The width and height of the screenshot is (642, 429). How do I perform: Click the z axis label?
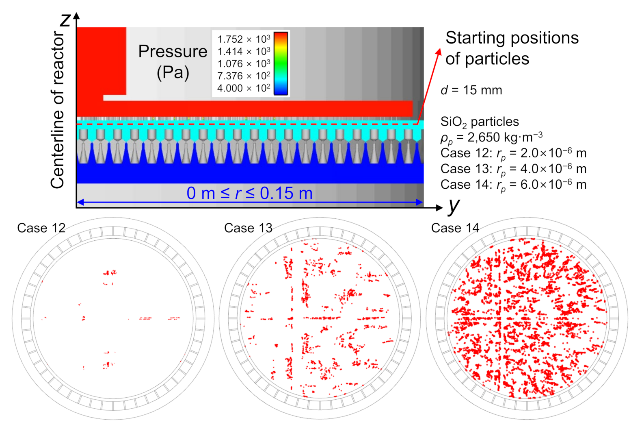click(x=65, y=20)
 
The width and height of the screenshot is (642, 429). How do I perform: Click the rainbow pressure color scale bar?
click(x=281, y=63)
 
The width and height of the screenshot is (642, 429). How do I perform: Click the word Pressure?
click(x=173, y=52)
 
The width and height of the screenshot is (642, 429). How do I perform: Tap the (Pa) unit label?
click(x=173, y=72)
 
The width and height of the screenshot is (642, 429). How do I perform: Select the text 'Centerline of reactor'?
click(x=58, y=110)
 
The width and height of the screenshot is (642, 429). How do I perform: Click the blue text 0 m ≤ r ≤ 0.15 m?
click(x=249, y=193)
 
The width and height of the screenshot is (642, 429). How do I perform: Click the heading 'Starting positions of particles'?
click(x=511, y=48)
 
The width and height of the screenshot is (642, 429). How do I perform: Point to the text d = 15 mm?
click(x=471, y=90)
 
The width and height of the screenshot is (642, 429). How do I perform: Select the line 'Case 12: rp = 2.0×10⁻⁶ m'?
click(x=513, y=153)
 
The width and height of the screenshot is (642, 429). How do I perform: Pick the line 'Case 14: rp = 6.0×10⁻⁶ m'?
click(x=513, y=185)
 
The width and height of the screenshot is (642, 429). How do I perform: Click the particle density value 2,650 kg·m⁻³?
click(x=505, y=137)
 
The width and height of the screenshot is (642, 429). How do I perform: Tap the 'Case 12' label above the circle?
click(x=41, y=228)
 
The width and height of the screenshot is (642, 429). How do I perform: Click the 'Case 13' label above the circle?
click(x=248, y=228)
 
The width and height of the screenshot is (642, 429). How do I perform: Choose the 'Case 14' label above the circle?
click(x=455, y=228)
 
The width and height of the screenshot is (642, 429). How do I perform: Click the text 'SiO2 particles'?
click(x=479, y=122)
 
